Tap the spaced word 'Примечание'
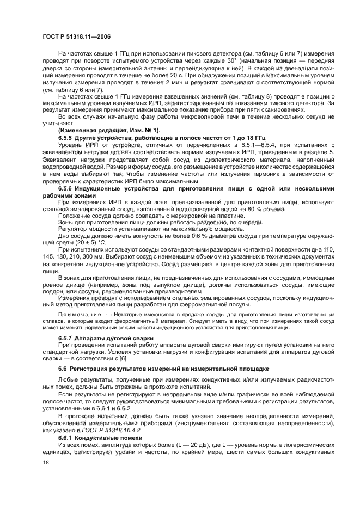(80, 315)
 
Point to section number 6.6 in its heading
(63, 370)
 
